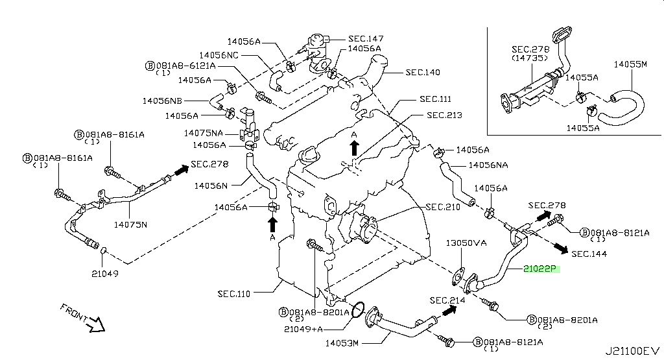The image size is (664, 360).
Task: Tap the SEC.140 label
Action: pyautogui.click(x=423, y=72)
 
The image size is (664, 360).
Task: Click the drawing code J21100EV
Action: pyautogui.click(x=632, y=351)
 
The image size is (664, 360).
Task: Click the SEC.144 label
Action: pyautogui.click(x=589, y=254)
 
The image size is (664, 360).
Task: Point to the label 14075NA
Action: pyautogui.click(x=204, y=133)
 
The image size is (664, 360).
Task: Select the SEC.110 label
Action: pyautogui.click(x=234, y=294)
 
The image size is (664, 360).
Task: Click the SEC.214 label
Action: pyautogui.click(x=447, y=300)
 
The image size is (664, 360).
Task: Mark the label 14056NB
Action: pyautogui.click(x=163, y=101)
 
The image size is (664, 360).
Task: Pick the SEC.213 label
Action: pyautogui.click(x=444, y=115)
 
